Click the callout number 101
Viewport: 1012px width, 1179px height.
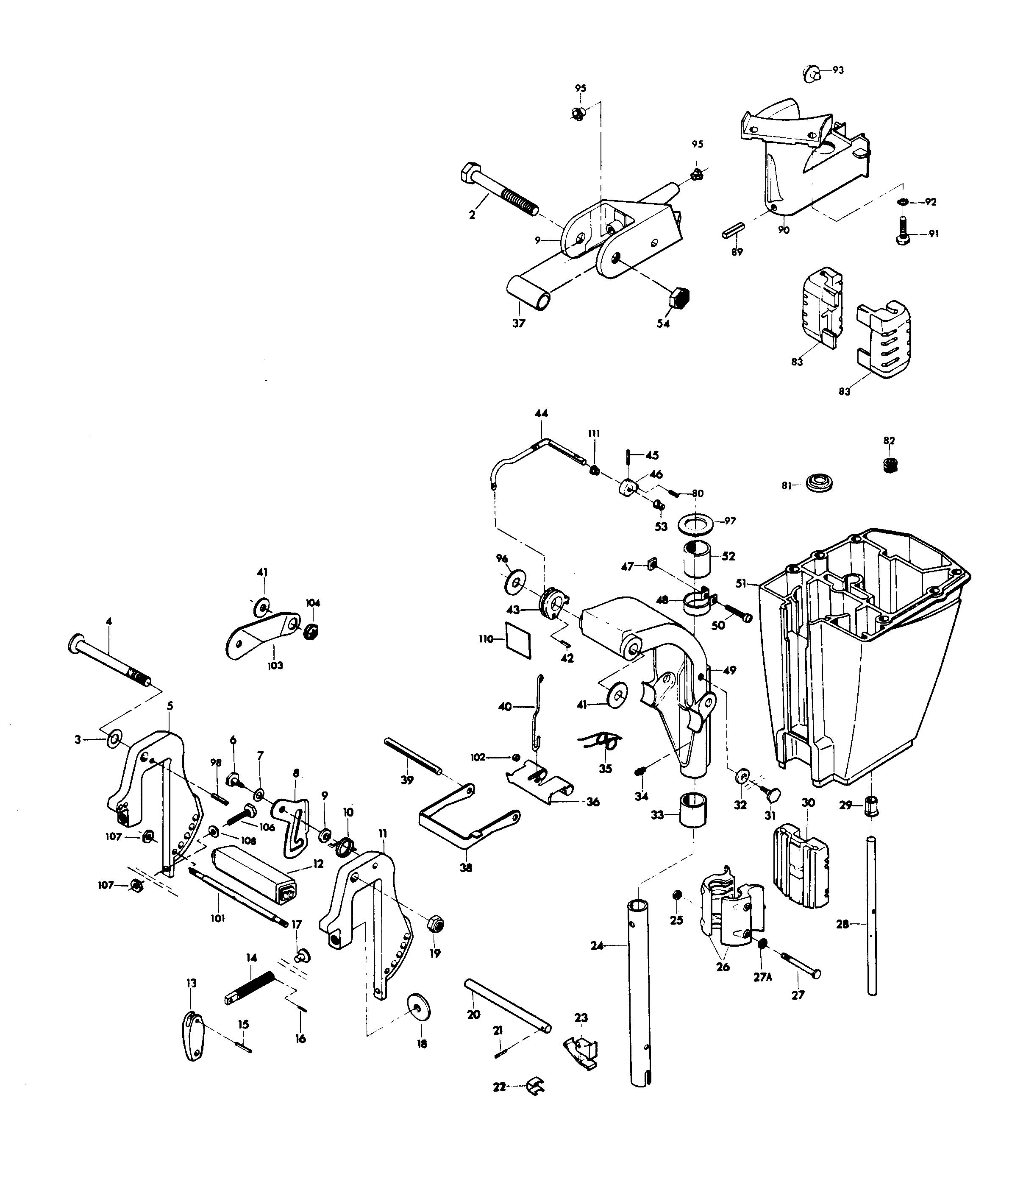pyautogui.click(x=218, y=918)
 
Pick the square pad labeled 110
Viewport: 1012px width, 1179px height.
pyautogui.click(x=518, y=640)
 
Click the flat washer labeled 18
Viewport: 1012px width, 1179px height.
pyautogui.click(x=419, y=1008)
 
